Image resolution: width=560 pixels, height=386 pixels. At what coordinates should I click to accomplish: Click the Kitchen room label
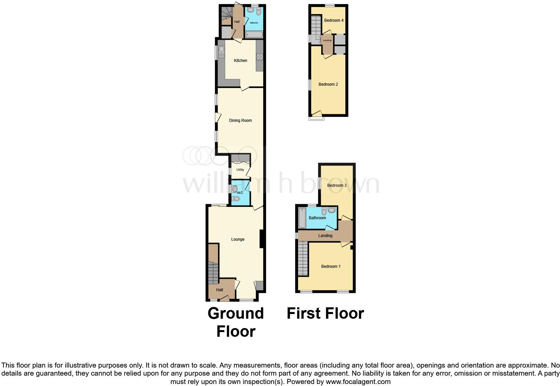coord(240,61)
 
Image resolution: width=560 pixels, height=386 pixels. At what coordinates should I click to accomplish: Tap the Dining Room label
coord(240,121)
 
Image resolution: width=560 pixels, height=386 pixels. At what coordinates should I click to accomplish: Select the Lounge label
coord(238,239)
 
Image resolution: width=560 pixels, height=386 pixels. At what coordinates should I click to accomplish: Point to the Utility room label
coord(240,170)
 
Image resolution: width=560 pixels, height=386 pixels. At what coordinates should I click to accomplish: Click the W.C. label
coord(240,193)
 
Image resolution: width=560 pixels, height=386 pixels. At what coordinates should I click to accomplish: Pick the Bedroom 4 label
coord(334,20)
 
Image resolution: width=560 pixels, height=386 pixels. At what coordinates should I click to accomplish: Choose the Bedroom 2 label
coord(328,84)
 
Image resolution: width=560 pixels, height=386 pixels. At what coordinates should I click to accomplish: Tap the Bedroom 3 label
coord(337,185)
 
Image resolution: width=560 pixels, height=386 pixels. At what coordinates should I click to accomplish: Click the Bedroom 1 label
coord(331,266)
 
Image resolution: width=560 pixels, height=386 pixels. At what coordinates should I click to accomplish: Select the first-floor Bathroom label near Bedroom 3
coord(317,218)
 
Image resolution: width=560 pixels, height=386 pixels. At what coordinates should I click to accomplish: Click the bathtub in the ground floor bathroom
coord(254,34)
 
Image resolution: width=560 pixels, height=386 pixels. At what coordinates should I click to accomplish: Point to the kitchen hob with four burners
coord(260,57)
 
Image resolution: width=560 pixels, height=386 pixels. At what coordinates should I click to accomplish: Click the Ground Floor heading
coord(236,322)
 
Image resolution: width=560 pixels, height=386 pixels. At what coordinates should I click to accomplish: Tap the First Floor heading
coord(325,313)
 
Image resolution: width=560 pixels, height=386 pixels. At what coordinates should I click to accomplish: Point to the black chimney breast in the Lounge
coord(262,239)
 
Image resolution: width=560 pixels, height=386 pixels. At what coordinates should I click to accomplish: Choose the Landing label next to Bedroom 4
coord(327,41)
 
